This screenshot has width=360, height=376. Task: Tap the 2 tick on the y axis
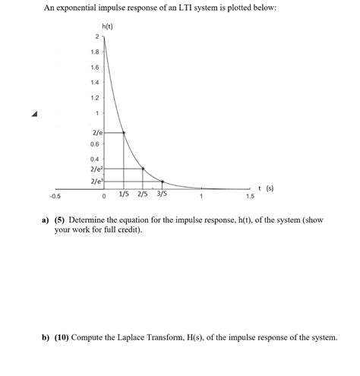[96, 37]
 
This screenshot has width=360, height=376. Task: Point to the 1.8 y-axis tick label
[94, 52]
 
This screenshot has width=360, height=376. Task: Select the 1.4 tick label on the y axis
[94, 83]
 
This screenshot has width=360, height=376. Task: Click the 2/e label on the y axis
[96, 131]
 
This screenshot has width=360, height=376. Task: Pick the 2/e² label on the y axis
[96, 169]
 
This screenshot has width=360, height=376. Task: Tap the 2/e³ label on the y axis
[96, 182]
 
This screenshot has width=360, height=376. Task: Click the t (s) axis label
[266, 188]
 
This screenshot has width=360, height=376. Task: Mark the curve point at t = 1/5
[124, 132]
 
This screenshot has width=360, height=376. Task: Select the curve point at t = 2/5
[143, 169]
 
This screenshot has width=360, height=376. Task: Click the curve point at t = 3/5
[163, 182]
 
